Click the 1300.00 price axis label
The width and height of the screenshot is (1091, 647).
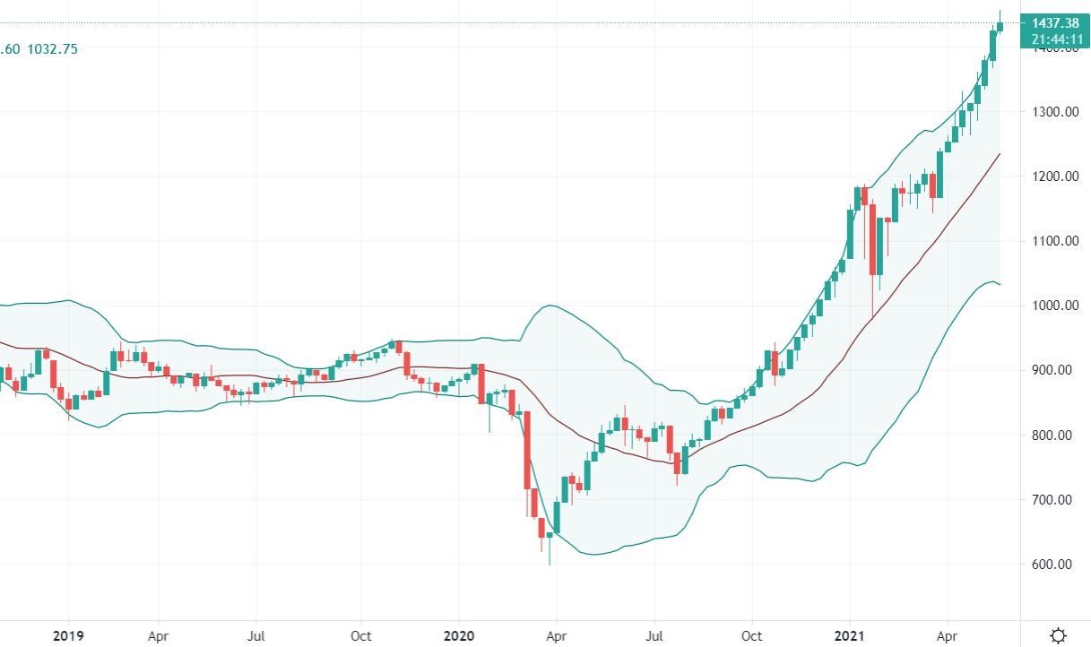(1054, 112)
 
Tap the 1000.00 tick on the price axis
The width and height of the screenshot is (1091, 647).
(1054, 306)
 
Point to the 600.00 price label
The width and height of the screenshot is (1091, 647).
(1054, 565)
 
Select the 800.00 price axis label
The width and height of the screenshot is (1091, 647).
(1054, 436)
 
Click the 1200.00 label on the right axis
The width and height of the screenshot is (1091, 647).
(1054, 177)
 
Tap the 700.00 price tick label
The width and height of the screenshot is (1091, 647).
(1054, 500)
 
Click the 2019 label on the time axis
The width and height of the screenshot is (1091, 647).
(68, 635)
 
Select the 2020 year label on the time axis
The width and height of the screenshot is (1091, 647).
(458, 635)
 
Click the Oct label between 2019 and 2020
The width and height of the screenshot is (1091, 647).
(361, 635)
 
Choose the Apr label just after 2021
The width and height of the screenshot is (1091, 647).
(947, 635)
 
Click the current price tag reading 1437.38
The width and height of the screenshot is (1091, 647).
(1055, 23)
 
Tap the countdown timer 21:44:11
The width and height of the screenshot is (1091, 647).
(1055, 39)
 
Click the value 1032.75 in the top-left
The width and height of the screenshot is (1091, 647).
(53, 49)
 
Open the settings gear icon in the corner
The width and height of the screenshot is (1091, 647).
(1059, 635)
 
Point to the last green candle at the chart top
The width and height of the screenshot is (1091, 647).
(1000, 26)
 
